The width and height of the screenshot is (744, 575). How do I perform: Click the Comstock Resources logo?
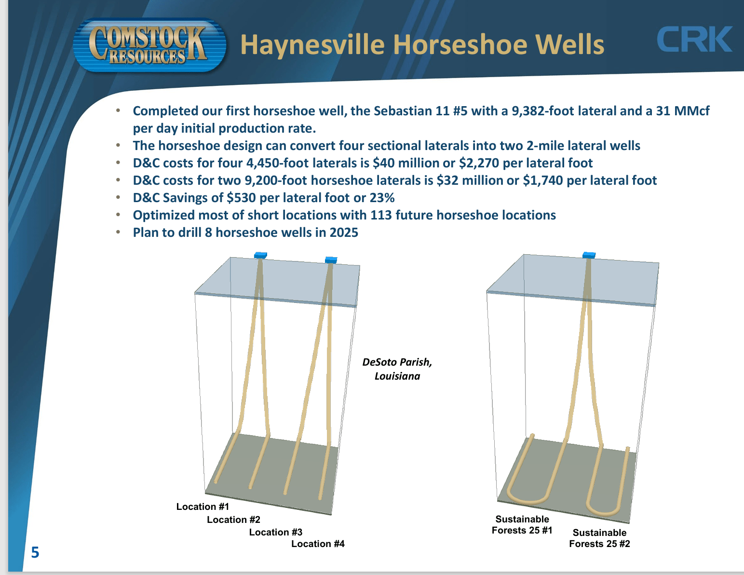point(149,45)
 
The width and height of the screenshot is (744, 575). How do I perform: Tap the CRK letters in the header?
point(694,40)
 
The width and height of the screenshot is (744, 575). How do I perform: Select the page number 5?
point(35,552)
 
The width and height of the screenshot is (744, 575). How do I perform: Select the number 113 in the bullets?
point(381,215)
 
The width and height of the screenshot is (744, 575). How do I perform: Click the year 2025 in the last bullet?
point(344,233)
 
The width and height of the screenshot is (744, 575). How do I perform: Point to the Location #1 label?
point(203,507)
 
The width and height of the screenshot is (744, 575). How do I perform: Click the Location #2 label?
point(233,520)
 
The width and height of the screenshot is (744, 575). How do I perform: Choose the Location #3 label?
point(275,532)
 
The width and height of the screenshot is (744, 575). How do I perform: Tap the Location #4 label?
point(318,544)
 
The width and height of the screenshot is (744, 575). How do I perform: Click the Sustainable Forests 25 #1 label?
point(522,525)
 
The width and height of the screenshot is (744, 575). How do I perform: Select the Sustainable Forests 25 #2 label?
point(599,538)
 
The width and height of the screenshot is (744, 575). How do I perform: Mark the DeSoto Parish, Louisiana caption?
point(397,369)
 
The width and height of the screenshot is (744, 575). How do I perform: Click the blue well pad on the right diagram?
point(589,255)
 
